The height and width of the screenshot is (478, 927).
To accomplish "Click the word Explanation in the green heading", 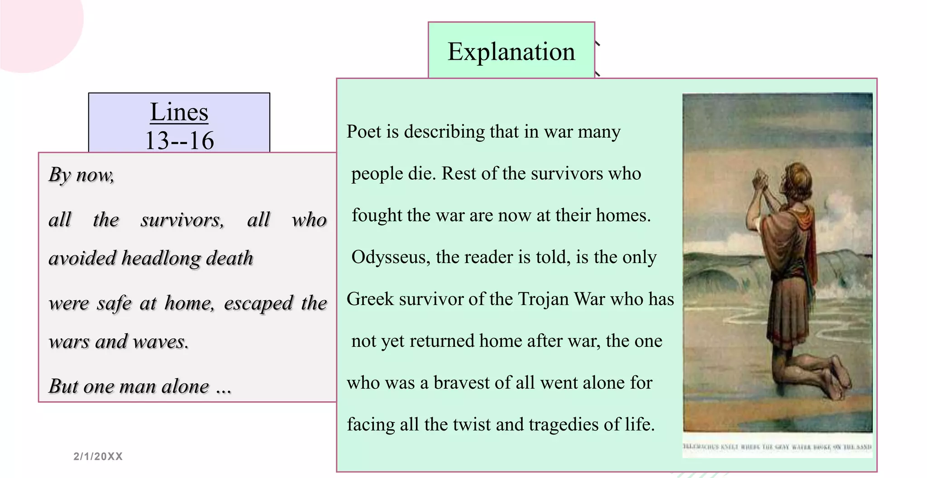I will pos(511,52).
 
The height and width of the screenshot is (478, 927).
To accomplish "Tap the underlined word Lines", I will pos(179,112).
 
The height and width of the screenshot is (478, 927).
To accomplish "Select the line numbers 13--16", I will pos(179,140).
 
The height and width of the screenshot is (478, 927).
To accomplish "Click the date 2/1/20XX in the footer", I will pos(98,456).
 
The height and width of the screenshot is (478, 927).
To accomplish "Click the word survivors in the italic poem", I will pos(182,220).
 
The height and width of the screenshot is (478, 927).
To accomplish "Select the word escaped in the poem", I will pos(258,303).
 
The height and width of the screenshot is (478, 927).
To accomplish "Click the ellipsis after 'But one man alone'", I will pos(224,387).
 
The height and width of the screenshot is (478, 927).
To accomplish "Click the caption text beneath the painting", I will pos(777,447).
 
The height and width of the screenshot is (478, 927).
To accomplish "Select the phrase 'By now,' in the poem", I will pos(81,175).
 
